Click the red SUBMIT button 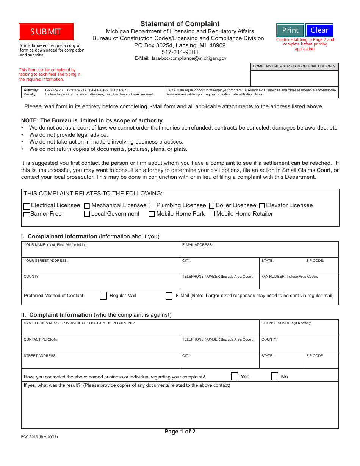coord(46,32)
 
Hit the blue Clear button coord(319,30)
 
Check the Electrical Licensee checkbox coord(27,206)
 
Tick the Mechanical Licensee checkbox coord(87,206)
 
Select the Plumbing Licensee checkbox coord(152,206)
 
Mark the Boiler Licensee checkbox coord(212,206)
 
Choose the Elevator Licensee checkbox coord(262,206)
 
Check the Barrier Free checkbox coord(27,214)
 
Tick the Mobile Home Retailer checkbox coord(212,214)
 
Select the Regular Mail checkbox coord(103,296)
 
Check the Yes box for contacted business coord(235,377)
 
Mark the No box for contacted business coord(275,377)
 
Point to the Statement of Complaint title coord(180,24)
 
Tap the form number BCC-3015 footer coord(39,436)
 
